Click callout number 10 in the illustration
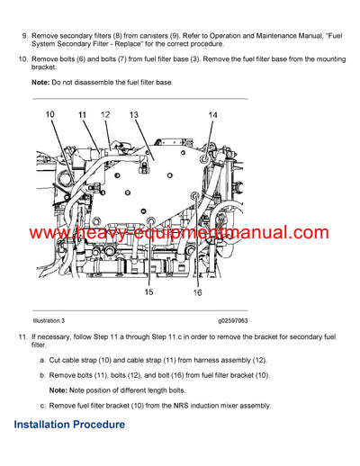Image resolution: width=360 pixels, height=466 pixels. pyautogui.click(x=50, y=114)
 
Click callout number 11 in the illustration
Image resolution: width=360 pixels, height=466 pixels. pyautogui.click(x=82, y=115)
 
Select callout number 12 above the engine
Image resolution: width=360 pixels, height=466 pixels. pyautogui.click(x=105, y=115)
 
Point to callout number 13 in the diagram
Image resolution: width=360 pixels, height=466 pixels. pyautogui.click(x=134, y=115)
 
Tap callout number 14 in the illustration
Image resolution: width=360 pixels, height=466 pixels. pyautogui.click(x=212, y=115)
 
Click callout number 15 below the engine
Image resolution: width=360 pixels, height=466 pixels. pyautogui.click(x=148, y=292)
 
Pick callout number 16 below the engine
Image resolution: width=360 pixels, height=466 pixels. pyautogui.click(x=196, y=292)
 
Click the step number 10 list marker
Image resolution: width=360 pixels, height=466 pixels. pyautogui.click(x=22, y=58)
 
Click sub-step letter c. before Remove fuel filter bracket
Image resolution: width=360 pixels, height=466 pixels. pyautogui.click(x=42, y=405)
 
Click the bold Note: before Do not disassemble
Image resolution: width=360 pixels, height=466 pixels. pyautogui.click(x=42, y=82)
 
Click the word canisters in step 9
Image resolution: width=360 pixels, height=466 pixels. pyautogui.click(x=167, y=33)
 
